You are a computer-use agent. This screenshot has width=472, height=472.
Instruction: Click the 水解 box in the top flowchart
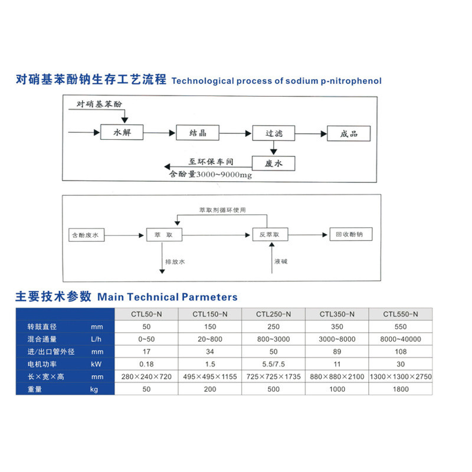pos(122,133)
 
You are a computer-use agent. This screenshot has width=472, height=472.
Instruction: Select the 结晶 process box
pos(198,133)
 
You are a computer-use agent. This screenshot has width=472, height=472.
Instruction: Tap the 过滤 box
pos(274,133)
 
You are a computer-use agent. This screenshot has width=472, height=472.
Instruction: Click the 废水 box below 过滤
pos(274,163)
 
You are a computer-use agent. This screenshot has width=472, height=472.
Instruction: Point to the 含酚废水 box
pos(86,235)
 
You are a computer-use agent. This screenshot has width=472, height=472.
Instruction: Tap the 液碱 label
pos(282,260)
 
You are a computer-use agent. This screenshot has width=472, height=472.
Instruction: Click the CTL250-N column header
pos(274,314)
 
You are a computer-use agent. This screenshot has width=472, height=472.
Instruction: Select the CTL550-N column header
pos(401,314)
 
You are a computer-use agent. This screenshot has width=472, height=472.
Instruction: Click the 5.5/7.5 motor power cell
pos(274,363)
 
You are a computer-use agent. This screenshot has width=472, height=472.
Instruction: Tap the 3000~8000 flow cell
pos(337,339)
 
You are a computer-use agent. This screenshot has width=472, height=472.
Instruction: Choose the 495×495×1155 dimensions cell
pos(210,376)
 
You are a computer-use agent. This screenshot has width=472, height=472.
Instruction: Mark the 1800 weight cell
pos(401,389)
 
